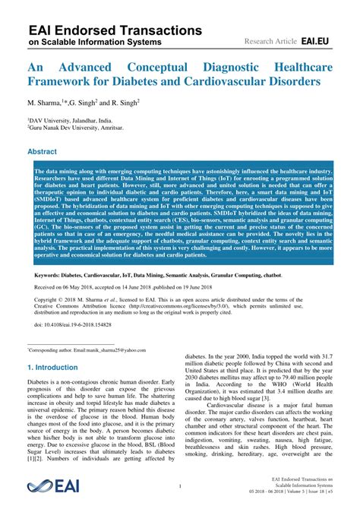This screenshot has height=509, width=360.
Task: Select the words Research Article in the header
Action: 270,39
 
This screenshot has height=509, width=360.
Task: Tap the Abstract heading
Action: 43,152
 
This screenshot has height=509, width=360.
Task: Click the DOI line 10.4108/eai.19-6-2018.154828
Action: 84,324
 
